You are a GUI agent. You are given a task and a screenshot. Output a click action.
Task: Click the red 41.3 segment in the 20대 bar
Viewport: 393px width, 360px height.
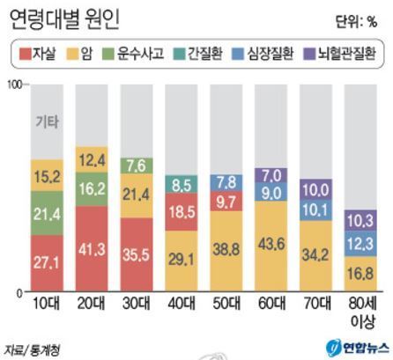click(92, 248)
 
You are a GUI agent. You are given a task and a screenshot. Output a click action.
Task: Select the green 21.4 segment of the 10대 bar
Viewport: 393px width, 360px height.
click(47, 213)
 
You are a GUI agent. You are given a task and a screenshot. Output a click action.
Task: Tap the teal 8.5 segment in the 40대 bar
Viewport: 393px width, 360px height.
click(182, 184)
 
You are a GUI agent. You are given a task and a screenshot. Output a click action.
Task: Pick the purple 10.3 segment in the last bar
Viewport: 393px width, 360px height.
click(360, 220)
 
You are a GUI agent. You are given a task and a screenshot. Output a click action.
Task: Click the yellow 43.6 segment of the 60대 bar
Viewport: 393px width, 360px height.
click(271, 246)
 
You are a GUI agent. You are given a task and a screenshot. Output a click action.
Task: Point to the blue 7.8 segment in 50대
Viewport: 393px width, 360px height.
click(226, 183)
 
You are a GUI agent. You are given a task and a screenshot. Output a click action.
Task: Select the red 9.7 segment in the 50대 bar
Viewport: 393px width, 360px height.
click(226, 201)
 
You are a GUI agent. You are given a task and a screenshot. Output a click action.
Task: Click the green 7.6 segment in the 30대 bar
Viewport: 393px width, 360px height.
click(137, 166)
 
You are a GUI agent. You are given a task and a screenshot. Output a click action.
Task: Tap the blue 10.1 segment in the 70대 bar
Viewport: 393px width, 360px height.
click(315, 210)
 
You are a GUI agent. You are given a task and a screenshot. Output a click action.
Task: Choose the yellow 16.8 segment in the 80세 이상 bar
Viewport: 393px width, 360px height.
click(360, 274)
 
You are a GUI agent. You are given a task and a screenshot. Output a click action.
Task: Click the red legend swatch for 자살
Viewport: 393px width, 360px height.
click(25, 55)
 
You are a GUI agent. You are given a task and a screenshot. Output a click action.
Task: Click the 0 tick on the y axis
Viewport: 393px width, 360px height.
click(19, 293)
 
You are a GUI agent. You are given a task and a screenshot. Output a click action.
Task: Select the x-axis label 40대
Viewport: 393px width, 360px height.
click(182, 304)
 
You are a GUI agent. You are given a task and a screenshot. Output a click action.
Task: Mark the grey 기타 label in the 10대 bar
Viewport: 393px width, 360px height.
click(47, 121)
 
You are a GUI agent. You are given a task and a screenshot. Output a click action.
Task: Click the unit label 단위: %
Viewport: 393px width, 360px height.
click(356, 22)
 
